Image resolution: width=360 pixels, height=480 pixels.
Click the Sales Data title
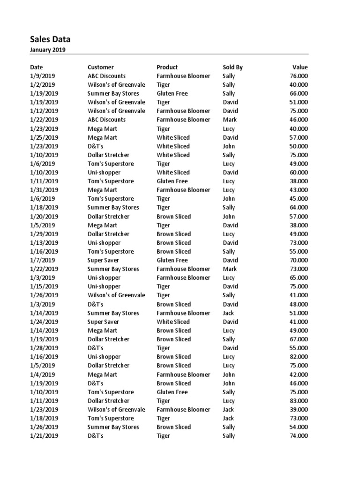tap(50, 39)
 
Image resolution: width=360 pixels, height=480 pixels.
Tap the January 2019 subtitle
tap(48, 50)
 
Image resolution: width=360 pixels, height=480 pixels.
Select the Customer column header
tap(100, 67)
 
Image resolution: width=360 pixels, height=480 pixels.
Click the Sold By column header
tap(232, 67)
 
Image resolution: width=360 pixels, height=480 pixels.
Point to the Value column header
tap(300, 67)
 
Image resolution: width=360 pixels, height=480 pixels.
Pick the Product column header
tap(167, 67)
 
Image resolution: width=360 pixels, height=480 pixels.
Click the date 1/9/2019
tap(42, 76)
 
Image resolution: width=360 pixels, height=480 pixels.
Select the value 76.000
tap(299, 76)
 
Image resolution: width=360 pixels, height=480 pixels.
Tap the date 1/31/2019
tap(44, 190)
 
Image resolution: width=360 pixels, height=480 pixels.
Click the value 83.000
tap(299, 401)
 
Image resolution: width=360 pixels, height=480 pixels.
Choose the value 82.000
tap(299, 357)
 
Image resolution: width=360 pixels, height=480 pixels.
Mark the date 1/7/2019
tap(42, 260)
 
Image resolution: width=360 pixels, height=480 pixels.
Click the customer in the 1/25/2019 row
tap(102, 137)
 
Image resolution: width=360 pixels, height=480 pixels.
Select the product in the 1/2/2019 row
tap(163, 85)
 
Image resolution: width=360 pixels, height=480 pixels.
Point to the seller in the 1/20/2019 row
tap(229, 217)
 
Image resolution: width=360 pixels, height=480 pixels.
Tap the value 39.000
tap(299, 409)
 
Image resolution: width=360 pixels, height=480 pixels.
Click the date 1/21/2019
tap(44, 436)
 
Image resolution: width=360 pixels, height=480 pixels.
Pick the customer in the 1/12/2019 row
tap(116, 111)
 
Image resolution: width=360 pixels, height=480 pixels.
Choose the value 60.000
tap(299, 172)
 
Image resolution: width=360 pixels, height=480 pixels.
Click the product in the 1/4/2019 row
tap(183, 375)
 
